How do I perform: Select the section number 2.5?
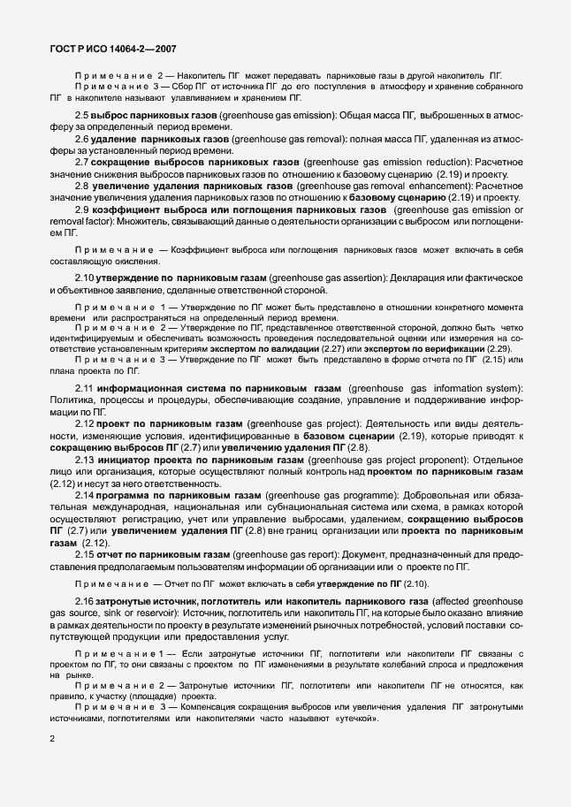point(82,116)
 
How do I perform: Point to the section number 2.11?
point(85,388)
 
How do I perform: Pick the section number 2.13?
point(85,461)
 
